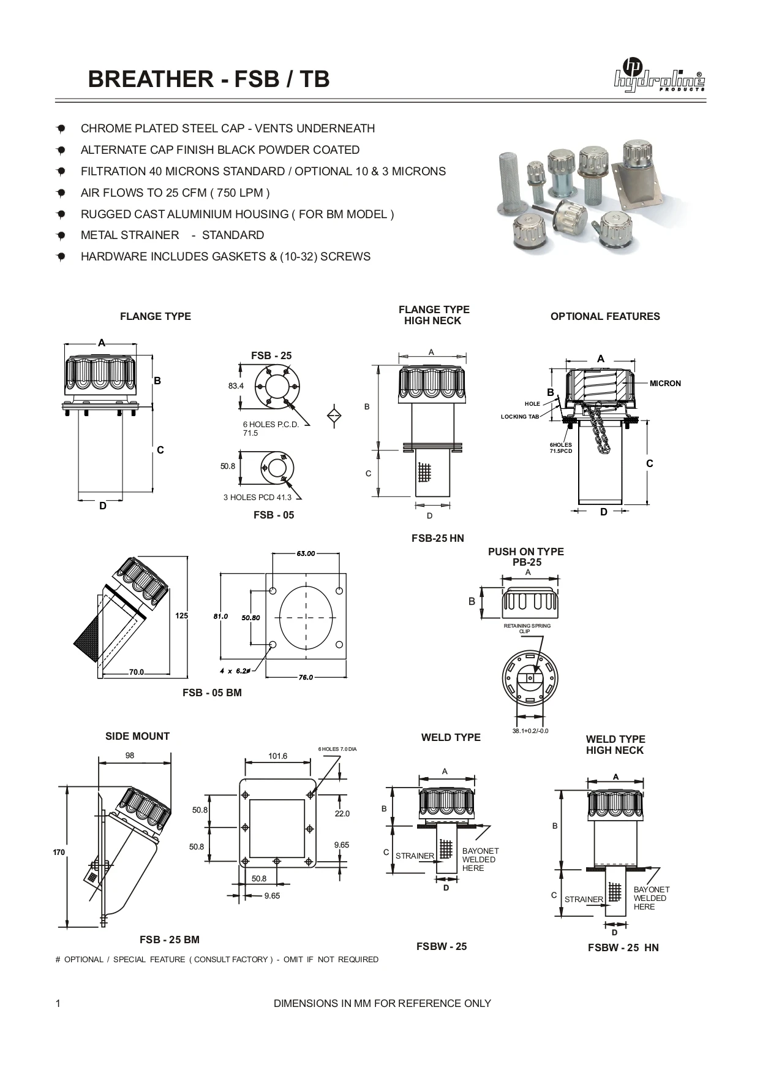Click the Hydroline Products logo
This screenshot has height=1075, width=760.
point(659,76)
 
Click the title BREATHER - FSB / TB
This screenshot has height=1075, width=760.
point(209,79)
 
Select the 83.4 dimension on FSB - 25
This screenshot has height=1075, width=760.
point(236,386)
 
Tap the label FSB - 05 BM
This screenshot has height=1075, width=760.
point(212,693)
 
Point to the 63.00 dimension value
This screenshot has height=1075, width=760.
point(306,553)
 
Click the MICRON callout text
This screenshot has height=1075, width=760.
point(665,384)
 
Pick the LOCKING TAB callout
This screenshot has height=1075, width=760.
point(520,417)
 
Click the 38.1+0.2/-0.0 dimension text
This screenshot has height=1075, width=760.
point(530,731)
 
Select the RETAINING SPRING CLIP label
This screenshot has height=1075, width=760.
point(527,628)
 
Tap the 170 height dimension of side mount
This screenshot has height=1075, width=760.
point(59,853)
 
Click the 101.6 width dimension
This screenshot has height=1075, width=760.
point(277,756)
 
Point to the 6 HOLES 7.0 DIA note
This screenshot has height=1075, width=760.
point(337,749)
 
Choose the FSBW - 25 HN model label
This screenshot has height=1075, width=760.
point(623,948)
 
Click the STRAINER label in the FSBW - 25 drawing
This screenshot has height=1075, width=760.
point(415,856)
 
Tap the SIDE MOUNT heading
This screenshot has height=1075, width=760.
point(137,737)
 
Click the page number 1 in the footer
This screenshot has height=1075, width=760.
point(58,1004)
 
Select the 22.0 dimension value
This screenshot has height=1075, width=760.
point(342,814)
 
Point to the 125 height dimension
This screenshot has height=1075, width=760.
point(181,616)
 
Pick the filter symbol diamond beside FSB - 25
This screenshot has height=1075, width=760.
point(334,414)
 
